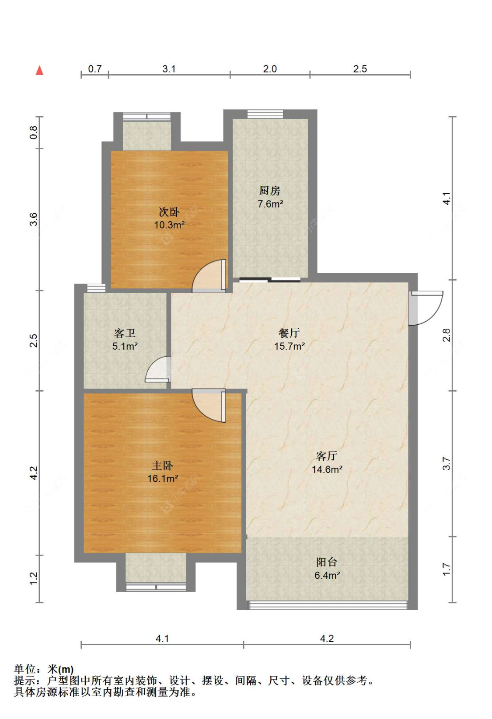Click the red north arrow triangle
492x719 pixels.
tap(39, 70)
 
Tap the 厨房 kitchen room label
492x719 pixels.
tap(270, 191)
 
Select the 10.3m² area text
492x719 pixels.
tap(169, 225)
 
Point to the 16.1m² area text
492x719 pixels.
tap(163, 479)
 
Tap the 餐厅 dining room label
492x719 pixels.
tap(290, 333)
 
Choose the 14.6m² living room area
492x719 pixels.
tap(327, 469)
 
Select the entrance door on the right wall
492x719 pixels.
tap(426, 308)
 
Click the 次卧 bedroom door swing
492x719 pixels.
tap(209, 276)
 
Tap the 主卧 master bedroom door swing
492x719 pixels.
tap(209, 405)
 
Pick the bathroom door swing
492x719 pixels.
tap(158, 369)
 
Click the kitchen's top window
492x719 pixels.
tap(265, 114)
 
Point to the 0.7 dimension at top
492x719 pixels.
tap(95, 69)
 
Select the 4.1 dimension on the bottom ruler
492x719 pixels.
tap(162, 639)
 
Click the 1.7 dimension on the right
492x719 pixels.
tap(447, 569)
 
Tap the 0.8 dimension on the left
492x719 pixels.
tap(33, 132)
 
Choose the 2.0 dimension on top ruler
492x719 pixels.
tap(270, 69)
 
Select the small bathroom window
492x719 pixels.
tap(96, 288)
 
